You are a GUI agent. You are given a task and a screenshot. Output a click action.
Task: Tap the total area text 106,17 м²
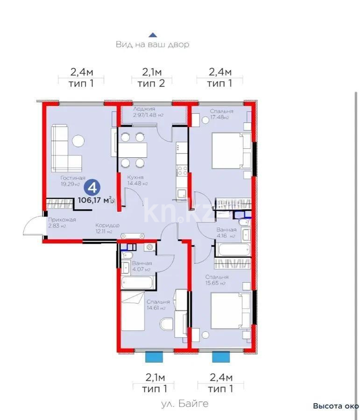coord(94,200)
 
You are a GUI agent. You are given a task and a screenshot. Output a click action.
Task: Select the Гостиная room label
coord(72,181)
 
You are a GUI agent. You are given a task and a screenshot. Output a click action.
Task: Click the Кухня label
coord(134,180)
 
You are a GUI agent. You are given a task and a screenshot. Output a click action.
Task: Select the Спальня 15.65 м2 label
coord(216,280)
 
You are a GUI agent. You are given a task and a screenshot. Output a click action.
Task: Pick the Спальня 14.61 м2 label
coord(156,305)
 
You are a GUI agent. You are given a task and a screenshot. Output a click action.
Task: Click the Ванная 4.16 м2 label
coord(227,233)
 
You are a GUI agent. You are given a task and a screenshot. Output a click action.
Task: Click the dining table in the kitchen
coord(132,150)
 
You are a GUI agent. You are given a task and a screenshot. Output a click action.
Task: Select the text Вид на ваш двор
coord(152,45)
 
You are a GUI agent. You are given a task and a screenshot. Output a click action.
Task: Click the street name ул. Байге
coord(185,403)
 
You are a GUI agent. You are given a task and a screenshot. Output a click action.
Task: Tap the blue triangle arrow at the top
coord(152,35)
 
